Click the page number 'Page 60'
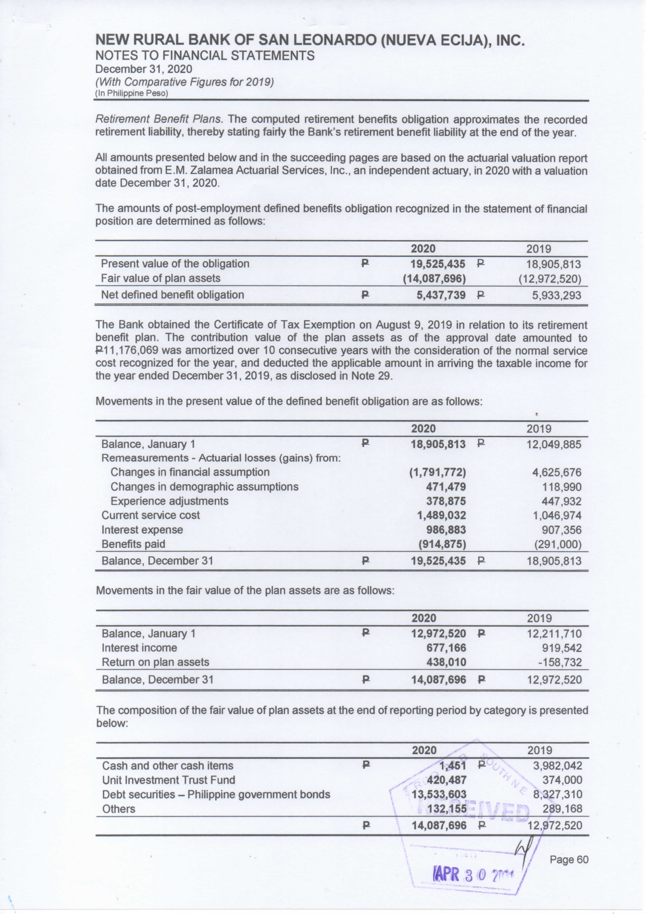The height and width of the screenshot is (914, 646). tap(569, 859)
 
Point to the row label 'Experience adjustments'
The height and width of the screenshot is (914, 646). tap(169, 501)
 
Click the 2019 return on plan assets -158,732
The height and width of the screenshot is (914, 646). tap(555, 662)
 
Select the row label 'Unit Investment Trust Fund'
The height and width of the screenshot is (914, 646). tap(168, 780)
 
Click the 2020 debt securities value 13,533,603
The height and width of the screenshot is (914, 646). tap(439, 795)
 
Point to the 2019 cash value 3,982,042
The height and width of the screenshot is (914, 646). tap(557, 766)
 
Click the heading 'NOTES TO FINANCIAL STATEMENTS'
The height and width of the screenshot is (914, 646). tap(205, 56)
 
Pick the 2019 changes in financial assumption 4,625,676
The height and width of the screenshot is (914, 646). tap(556, 473)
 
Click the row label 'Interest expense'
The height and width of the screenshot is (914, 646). tap(142, 530)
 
